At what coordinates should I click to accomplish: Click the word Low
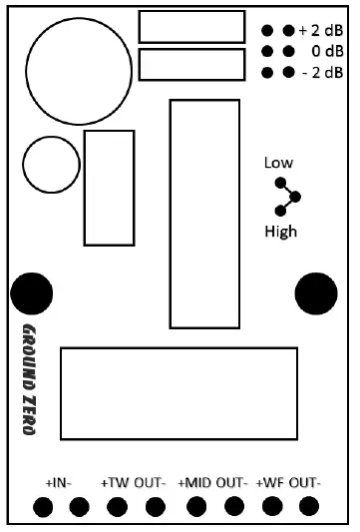pos(278,163)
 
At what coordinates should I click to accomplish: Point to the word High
pos(280,232)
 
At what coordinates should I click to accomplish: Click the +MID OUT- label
pos(212,483)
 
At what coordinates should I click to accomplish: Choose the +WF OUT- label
pos(288,483)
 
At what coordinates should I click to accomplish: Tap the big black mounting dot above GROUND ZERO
pos(32,293)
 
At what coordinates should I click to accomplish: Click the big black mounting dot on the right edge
pos(317,291)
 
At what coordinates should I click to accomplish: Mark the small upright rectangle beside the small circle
pos(103,188)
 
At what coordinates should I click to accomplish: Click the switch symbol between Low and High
pos(287,197)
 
